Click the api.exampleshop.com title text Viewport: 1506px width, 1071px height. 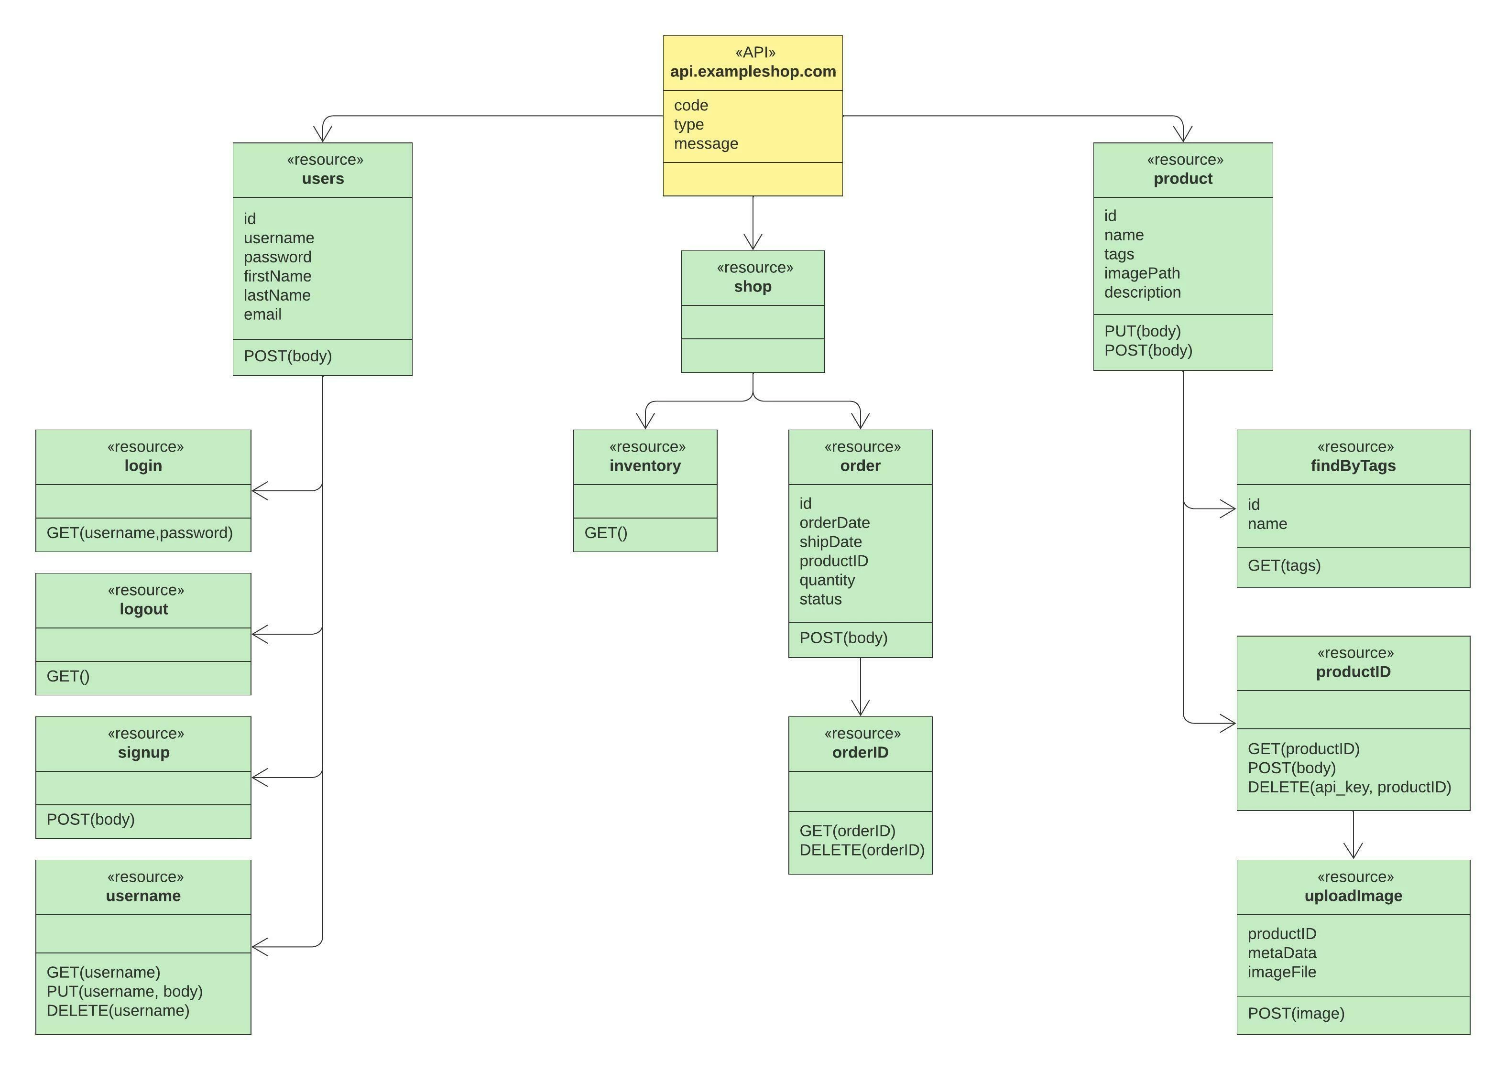(x=753, y=71)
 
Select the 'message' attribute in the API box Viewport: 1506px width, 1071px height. (x=706, y=144)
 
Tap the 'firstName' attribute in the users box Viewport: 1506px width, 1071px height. (x=277, y=276)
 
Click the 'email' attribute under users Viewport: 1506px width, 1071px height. (x=262, y=314)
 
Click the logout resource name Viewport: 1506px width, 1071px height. (x=144, y=609)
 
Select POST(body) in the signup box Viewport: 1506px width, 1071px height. (x=90, y=819)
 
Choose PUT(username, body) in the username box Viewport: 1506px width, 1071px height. (x=125, y=991)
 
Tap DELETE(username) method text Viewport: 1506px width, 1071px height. (x=118, y=1010)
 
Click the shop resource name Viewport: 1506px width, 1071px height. (x=753, y=286)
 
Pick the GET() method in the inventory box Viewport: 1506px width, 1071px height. (x=606, y=533)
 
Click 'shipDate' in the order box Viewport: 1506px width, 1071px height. (x=830, y=542)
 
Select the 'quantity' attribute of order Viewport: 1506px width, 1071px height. (x=827, y=580)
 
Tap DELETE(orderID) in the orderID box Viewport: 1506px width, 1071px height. (x=862, y=850)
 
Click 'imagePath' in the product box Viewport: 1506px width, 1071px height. (x=1142, y=273)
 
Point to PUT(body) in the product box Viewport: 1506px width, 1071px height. (x=1143, y=331)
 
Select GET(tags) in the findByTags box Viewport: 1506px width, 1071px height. (x=1284, y=565)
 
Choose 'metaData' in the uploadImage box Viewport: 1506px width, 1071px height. (x=1282, y=953)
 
